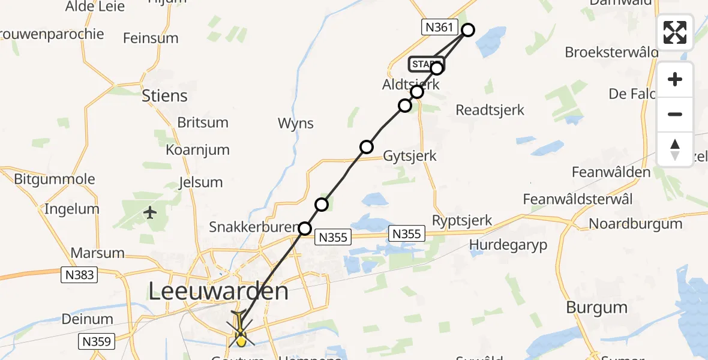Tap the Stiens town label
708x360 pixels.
coord(164,96)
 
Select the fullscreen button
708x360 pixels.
coord(675,32)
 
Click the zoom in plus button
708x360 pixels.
coord(675,79)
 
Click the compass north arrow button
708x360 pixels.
coord(675,149)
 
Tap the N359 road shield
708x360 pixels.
coord(96,342)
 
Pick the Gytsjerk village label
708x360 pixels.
coord(410,156)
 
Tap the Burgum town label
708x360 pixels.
coord(596,307)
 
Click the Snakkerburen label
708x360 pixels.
coord(253,227)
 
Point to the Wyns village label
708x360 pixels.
coord(296,124)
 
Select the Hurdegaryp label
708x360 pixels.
coord(508,245)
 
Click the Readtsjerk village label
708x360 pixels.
coord(490,110)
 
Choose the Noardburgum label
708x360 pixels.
coord(635,224)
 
